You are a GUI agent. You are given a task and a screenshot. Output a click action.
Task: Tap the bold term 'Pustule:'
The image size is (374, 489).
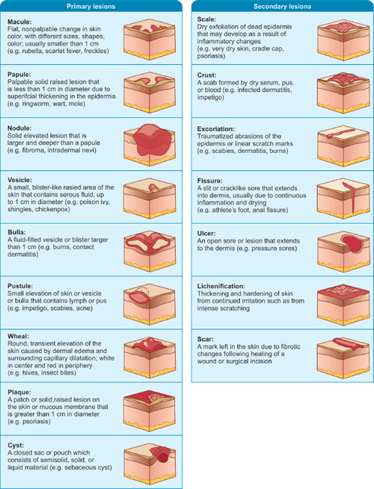(20, 285)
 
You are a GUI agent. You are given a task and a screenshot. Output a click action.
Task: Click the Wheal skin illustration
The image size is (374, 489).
(153, 349)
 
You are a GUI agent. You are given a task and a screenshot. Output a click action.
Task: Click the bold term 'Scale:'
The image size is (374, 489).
(206, 22)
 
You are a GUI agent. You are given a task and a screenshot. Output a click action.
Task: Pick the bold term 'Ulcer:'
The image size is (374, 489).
(206, 233)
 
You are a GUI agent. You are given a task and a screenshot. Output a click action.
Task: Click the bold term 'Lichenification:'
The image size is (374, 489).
(223, 285)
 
